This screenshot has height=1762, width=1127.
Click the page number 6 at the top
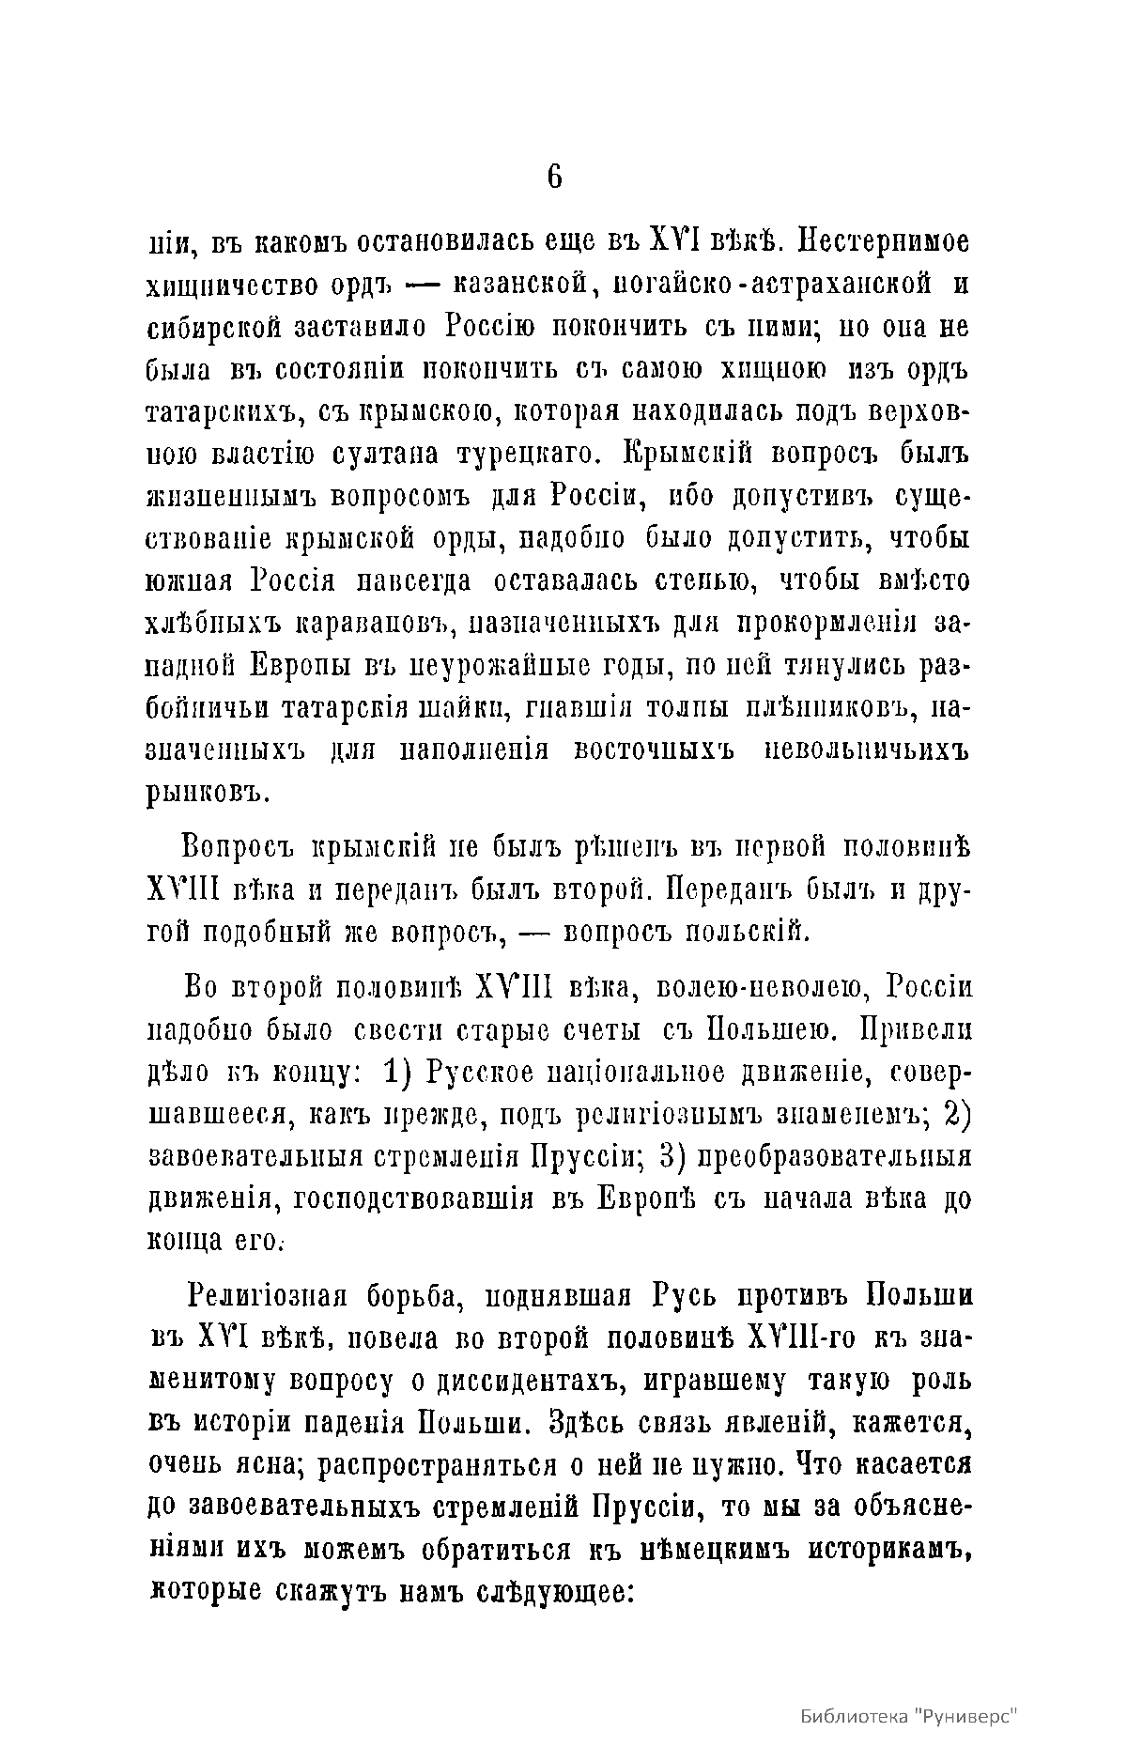554,176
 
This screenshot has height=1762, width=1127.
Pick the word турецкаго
538,456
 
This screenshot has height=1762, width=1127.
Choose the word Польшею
756,1030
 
